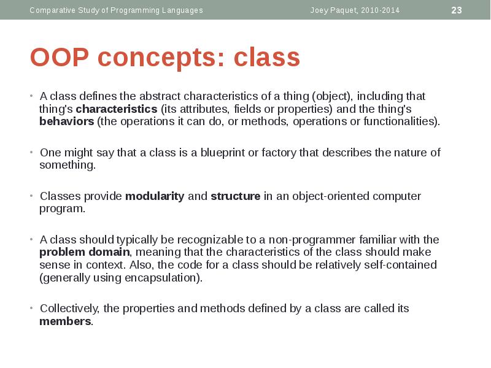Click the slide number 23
pos(456,10)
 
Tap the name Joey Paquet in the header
pos(333,10)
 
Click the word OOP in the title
pos(60,57)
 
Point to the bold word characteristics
pos(117,109)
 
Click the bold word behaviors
pos(67,121)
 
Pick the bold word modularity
pos(155,196)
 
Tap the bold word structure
pos(236,196)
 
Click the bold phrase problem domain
pos(85,252)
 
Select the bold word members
pos(66,321)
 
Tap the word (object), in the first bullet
pos(333,96)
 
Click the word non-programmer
pos(312,240)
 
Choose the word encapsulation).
pos(163,278)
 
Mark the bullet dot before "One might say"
pos(31,152)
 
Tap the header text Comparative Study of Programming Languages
pos(116,10)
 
